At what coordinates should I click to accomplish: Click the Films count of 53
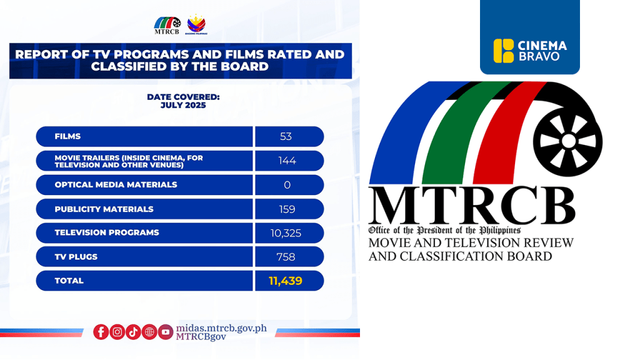pos(287,136)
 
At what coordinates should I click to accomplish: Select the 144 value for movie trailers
pos(287,161)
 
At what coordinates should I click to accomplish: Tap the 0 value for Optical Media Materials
pos(287,184)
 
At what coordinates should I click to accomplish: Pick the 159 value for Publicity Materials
pos(287,209)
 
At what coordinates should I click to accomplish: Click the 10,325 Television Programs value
pos(287,232)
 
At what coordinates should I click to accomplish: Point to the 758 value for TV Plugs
pos(287,257)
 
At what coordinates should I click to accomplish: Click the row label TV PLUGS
pos(76,257)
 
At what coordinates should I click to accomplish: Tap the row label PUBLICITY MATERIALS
pos(104,209)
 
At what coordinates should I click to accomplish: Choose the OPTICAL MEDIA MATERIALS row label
pos(116,184)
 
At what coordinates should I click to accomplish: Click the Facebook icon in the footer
pos(101,332)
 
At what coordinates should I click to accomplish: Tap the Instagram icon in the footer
pos(117,332)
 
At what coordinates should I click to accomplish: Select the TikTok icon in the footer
pos(133,332)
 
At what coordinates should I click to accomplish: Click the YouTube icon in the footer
pos(166,332)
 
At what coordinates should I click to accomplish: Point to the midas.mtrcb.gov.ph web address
pos(221,327)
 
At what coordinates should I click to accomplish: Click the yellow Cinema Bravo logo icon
pos(503,51)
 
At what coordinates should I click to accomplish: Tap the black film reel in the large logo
pos(567,136)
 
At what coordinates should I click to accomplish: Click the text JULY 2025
pos(183,105)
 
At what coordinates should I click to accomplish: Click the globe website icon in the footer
pos(149,332)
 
